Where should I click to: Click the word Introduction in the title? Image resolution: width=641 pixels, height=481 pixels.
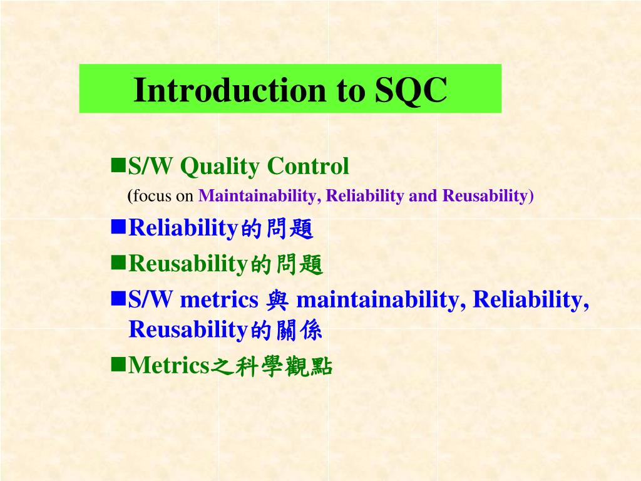coord(230,90)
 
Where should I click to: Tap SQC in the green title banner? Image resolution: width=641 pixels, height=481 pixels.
coord(411,91)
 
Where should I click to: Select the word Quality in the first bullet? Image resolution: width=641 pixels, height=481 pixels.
coord(220,167)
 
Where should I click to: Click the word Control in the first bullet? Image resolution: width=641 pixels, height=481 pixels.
coord(308,165)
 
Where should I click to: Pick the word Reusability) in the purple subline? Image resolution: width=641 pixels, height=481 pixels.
coord(488,196)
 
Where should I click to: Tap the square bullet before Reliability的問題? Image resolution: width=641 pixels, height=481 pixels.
coord(118,227)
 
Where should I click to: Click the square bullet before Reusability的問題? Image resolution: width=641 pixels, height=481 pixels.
coord(118,262)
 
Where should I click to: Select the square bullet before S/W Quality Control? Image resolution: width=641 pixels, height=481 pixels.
coord(118,165)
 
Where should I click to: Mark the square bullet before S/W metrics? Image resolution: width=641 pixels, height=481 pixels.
coord(118,299)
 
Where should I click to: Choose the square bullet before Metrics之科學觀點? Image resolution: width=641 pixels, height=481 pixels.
coord(118,364)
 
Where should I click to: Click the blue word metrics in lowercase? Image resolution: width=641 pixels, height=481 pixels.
coord(219,299)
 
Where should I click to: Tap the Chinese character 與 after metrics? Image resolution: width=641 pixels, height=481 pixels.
coord(277,300)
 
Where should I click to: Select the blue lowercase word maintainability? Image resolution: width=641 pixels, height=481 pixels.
coord(381,299)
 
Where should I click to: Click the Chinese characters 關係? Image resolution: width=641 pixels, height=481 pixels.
coord(299,330)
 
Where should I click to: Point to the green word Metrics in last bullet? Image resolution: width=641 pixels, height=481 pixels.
coord(169,365)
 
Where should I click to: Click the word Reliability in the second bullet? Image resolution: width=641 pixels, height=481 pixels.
coord(183,228)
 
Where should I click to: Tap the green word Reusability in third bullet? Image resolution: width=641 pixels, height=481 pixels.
coord(188,264)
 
